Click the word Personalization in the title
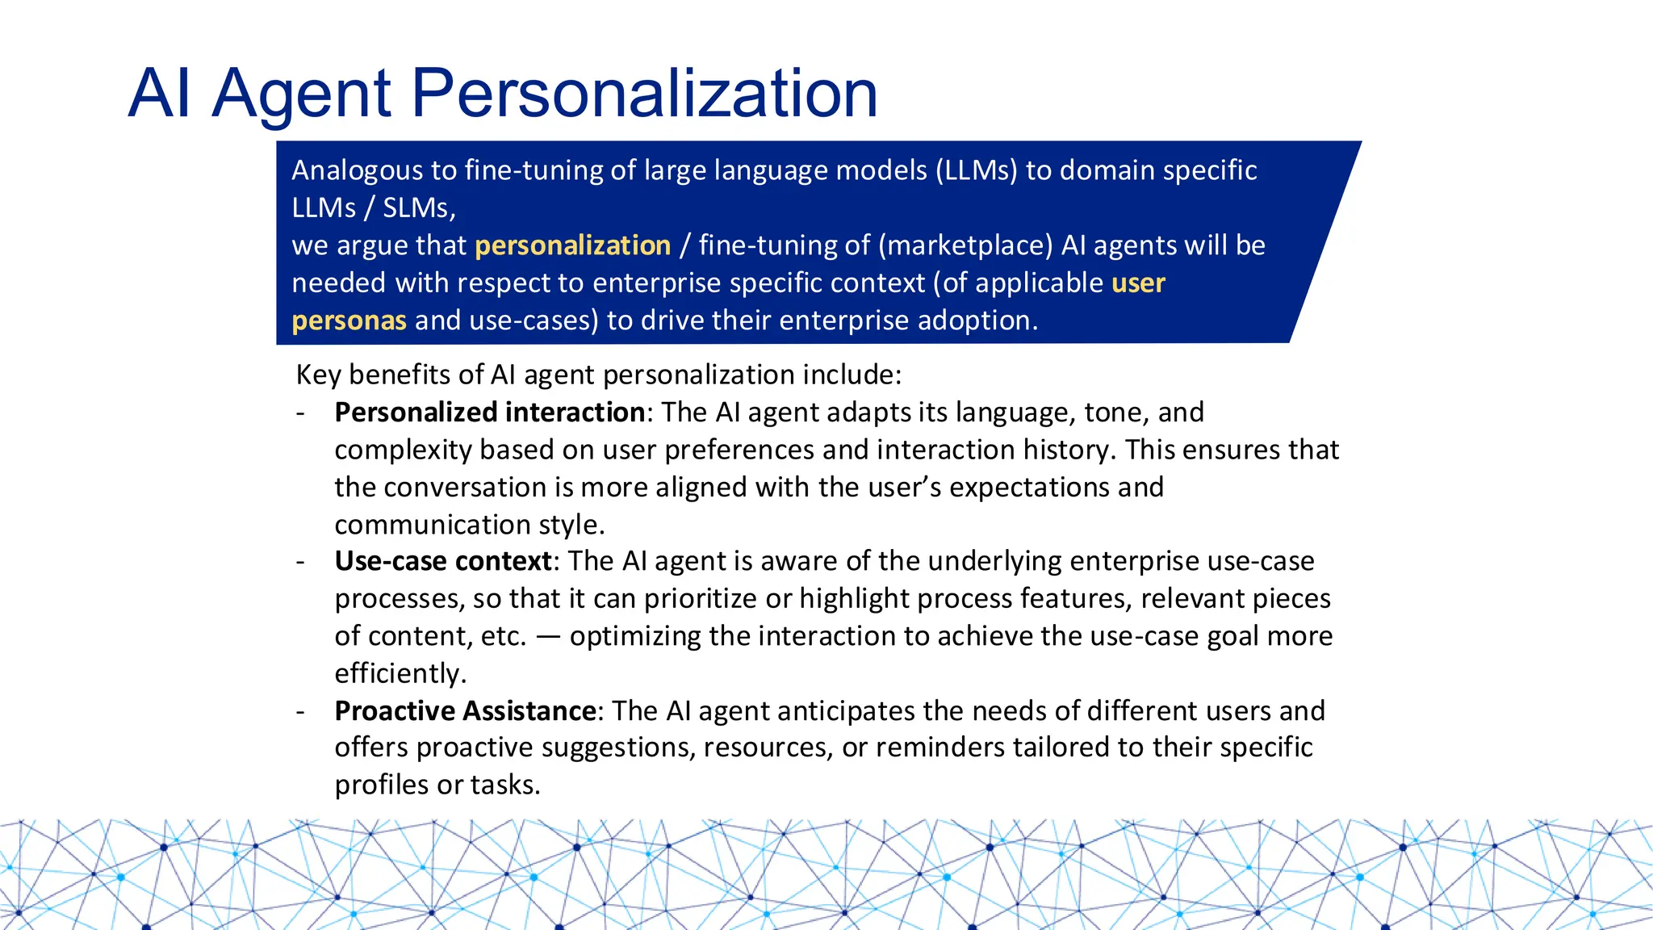644,94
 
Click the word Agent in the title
302,95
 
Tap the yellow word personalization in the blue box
572,245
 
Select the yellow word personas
349,320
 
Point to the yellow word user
1138,283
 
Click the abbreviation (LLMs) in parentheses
977,170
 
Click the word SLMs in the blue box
418,208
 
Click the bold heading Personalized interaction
489,413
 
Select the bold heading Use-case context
443,561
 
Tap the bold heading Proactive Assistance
466,711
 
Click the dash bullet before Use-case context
300,562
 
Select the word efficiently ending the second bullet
400,673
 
